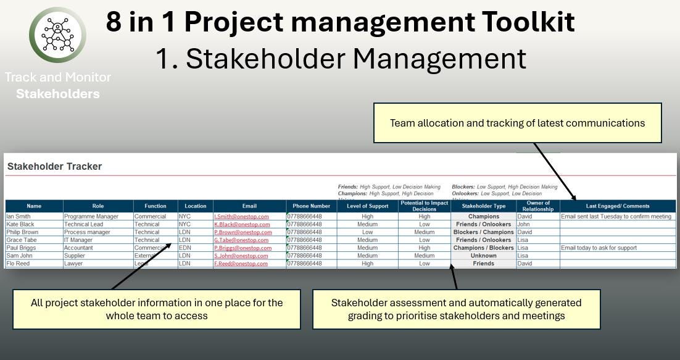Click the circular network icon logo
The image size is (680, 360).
point(58,35)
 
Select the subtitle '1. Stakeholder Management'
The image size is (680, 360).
point(341,59)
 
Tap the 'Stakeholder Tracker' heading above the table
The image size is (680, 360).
point(54,166)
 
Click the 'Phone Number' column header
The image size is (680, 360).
point(311,206)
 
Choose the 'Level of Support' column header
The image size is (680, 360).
point(367,206)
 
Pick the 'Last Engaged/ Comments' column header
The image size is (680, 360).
point(617,206)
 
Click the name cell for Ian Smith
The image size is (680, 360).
point(19,217)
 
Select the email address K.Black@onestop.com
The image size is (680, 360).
point(241,225)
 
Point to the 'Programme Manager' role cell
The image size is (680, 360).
point(87,217)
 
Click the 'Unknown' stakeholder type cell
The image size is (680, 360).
point(483,256)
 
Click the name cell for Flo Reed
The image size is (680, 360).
point(18,264)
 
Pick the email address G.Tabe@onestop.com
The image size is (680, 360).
point(241,240)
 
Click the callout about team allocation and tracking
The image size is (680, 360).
point(517,123)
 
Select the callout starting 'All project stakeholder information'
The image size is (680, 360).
point(157,309)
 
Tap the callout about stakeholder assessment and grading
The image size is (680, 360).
point(456,309)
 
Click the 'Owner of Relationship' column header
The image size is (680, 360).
point(538,206)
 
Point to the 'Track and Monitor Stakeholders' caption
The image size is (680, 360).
point(58,86)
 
